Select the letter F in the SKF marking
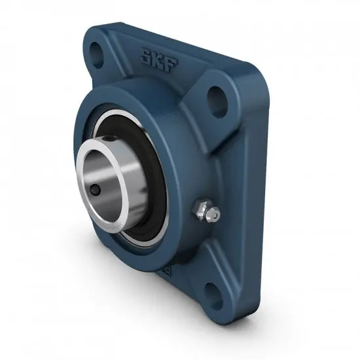[166, 65]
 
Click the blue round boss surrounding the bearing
[173, 157]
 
